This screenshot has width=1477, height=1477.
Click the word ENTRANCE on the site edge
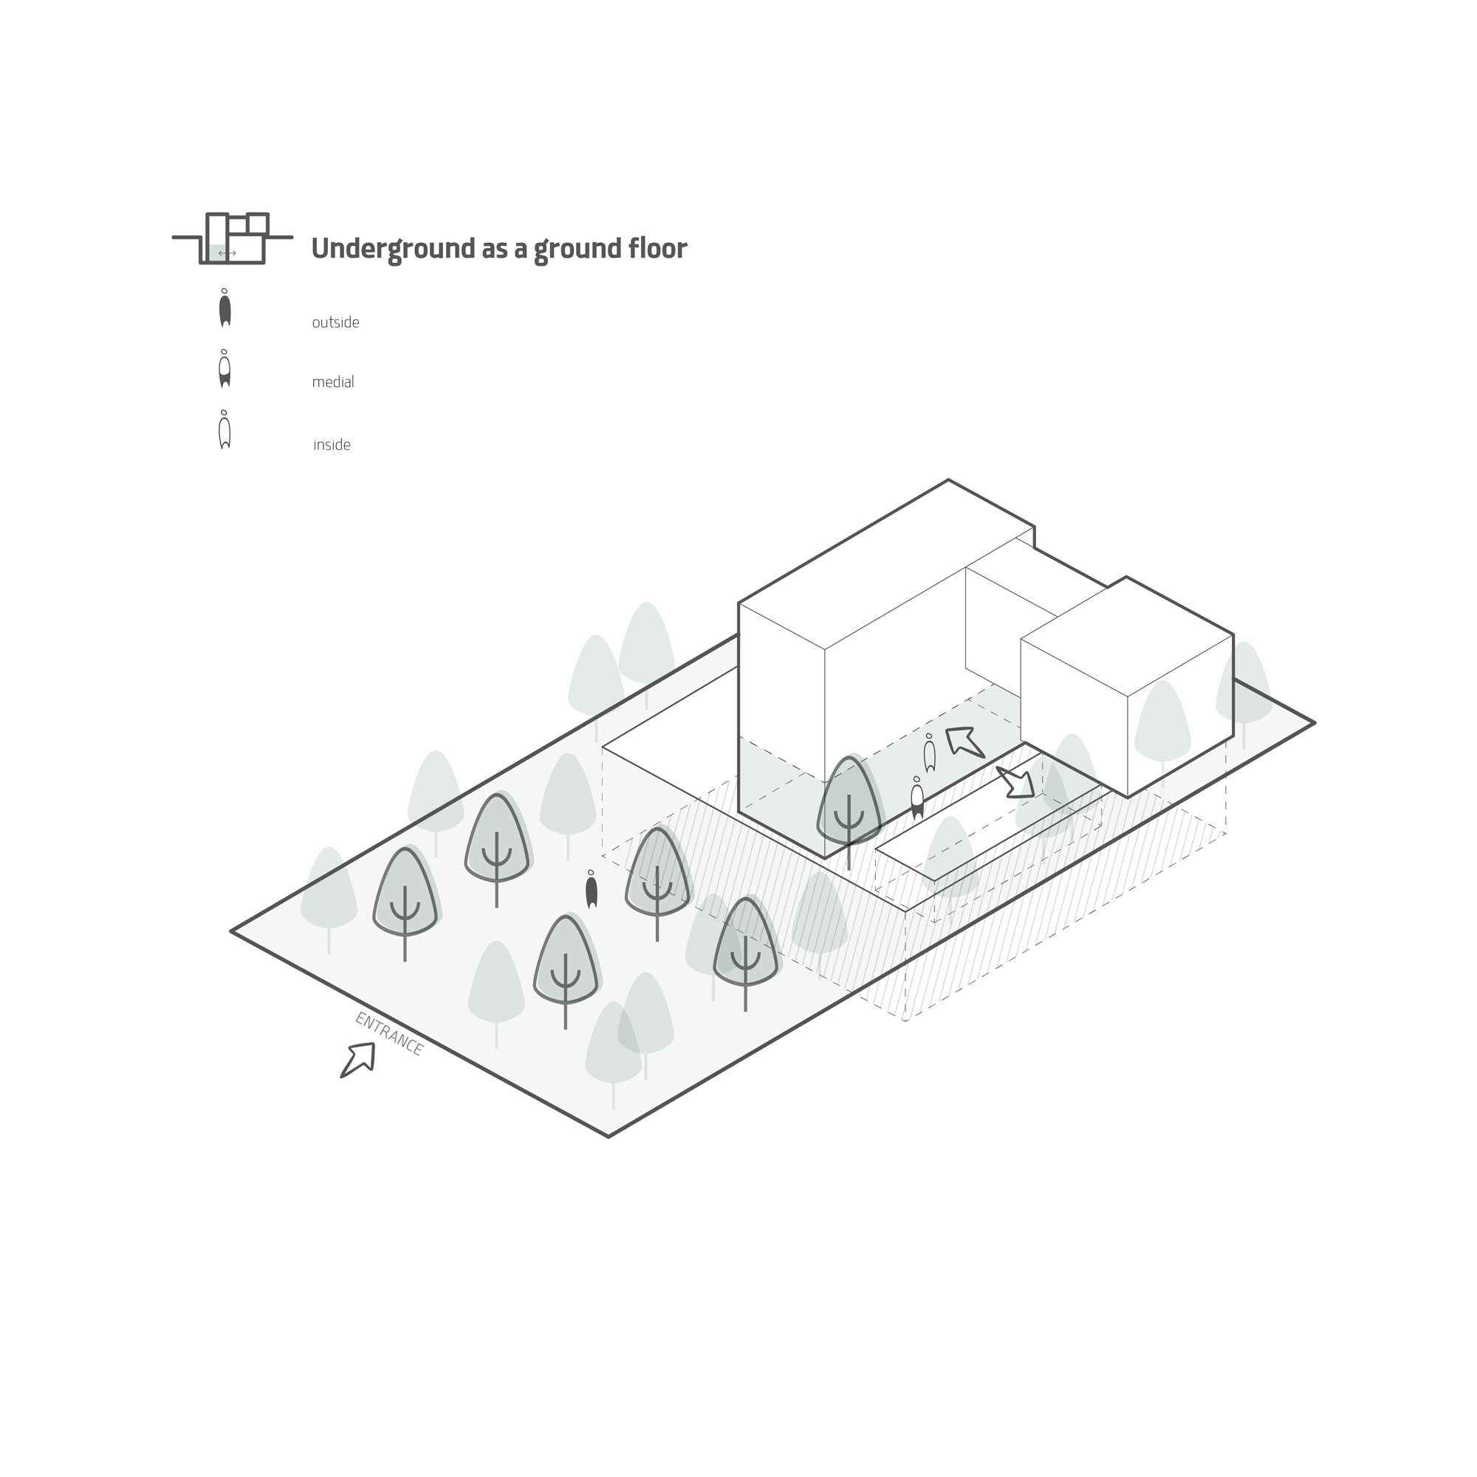(x=389, y=1034)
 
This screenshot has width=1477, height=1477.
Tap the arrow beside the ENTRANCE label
(x=357, y=1060)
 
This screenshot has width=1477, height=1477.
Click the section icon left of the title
(x=233, y=239)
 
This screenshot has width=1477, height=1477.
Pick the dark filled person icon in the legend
(x=225, y=308)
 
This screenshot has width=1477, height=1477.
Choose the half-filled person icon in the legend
(x=225, y=369)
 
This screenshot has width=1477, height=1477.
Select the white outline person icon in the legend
(x=225, y=430)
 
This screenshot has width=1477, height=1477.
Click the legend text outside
(x=335, y=323)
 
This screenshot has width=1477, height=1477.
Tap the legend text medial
(x=333, y=383)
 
